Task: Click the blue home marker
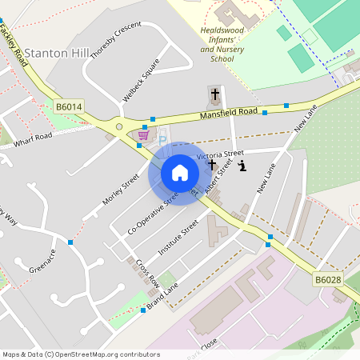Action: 180,173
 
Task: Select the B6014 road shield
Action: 69,106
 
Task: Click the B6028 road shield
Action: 327,279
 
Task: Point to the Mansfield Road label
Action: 228,114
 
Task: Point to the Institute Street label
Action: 178,238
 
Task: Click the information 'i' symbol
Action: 242,166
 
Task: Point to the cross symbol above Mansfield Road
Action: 214,94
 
